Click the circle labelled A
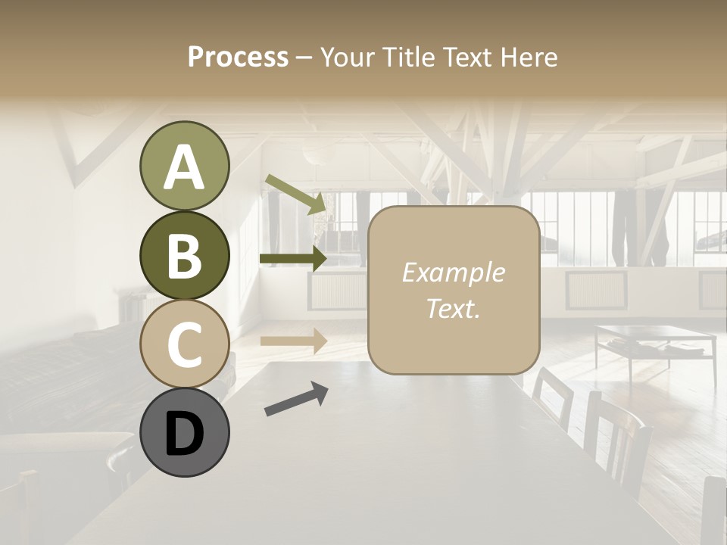click(x=184, y=167)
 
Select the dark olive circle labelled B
click(x=184, y=255)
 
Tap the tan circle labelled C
click(x=184, y=344)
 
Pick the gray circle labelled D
click(x=184, y=432)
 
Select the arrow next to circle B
click(x=293, y=259)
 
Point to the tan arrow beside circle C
click(x=293, y=341)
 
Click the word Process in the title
click(x=238, y=57)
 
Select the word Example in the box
click(x=453, y=272)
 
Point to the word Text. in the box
click(x=453, y=308)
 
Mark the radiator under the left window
click(x=338, y=290)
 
